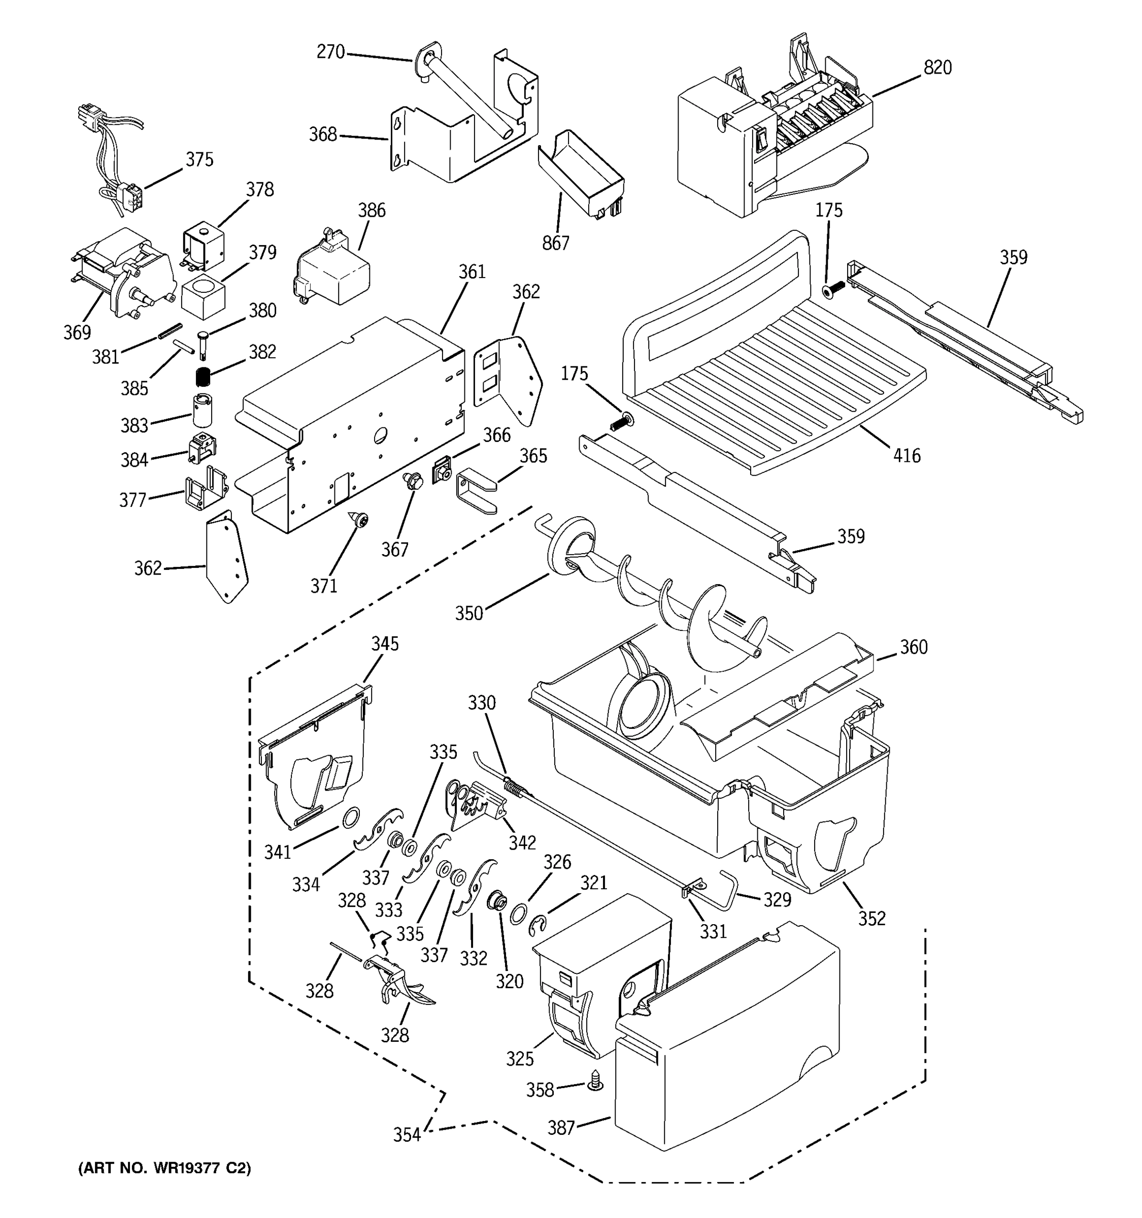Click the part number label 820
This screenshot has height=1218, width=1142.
[937, 67]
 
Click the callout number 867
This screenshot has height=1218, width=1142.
[555, 243]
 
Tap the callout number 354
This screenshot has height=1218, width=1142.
[407, 1135]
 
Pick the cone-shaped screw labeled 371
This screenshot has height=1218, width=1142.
[360, 520]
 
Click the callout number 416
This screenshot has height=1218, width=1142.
[906, 455]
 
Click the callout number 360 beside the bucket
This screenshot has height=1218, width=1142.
[913, 647]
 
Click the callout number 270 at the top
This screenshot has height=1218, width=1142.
[331, 52]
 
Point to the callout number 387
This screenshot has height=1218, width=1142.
[560, 1127]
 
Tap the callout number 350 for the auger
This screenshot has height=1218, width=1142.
[468, 613]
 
